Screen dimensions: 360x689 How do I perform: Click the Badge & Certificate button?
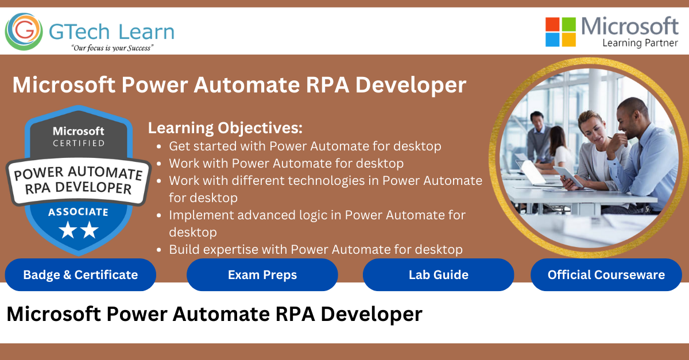(80, 275)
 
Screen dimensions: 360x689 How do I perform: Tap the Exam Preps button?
(262, 275)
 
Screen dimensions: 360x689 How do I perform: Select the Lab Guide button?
(438, 275)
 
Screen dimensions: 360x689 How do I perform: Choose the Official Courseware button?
(606, 275)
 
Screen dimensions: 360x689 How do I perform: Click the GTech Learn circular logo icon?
(23, 31)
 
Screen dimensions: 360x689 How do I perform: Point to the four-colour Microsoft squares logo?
(560, 32)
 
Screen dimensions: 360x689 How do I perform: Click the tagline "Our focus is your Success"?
(112, 48)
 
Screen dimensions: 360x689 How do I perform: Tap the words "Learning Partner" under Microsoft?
(640, 42)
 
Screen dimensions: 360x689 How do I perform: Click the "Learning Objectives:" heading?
(225, 127)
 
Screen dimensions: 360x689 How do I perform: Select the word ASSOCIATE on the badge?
(78, 212)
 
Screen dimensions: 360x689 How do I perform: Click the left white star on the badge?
(68, 231)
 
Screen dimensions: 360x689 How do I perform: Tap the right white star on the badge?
(90, 231)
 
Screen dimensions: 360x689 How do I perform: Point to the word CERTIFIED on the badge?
(79, 143)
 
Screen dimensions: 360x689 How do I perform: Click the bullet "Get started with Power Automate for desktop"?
(305, 146)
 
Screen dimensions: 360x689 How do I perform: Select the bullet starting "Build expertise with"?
(315, 249)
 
